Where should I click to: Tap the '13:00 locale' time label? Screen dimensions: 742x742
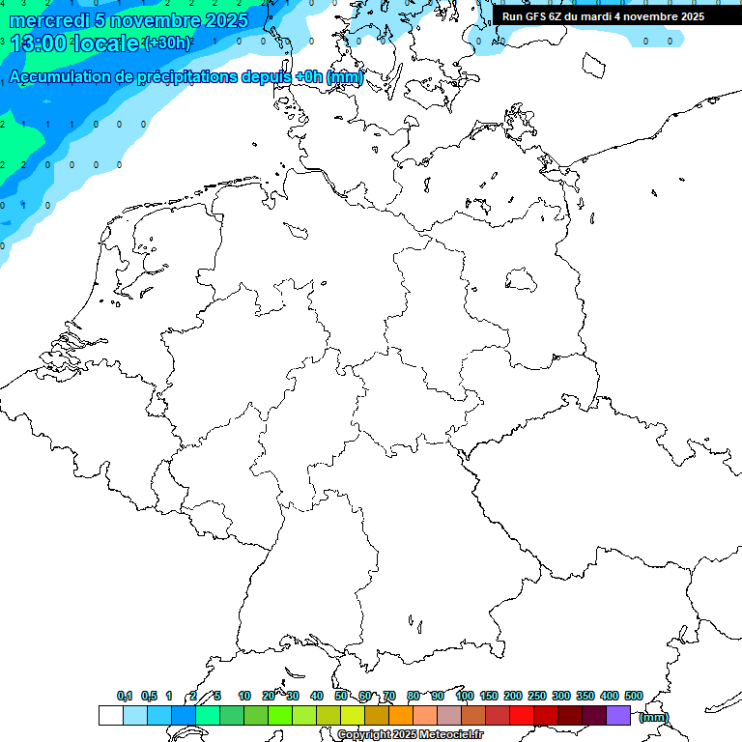pyautogui.click(x=74, y=43)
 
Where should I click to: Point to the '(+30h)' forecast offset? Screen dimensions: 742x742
pyautogui.click(x=166, y=43)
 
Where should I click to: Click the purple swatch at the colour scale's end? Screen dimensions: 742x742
pyautogui.click(x=618, y=716)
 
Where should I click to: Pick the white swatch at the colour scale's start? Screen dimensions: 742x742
pyautogui.click(x=110, y=716)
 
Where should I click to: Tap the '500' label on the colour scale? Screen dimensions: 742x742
pyautogui.click(x=634, y=697)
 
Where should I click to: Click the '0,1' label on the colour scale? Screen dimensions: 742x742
pyautogui.click(x=125, y=697)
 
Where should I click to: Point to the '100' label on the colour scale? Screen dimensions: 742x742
pyautogui.click(x=465, y=697)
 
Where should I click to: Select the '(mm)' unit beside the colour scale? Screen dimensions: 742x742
pyautogui.click(x=655, y=717)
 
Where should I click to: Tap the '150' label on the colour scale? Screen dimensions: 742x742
pyautogui.click(x=489, y=697)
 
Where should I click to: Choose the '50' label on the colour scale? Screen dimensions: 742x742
pyautogui.click(x=341, y=697)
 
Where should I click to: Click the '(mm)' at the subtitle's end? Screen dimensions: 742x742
pyautogui.click(x=345, y=77)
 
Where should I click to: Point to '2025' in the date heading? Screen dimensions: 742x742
pyautogui.click(x=226, y=20)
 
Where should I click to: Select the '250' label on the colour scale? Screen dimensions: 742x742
pyautogui.click(x=537, y=697)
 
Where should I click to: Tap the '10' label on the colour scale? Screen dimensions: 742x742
pyautogui.click(x=244, y=697)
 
